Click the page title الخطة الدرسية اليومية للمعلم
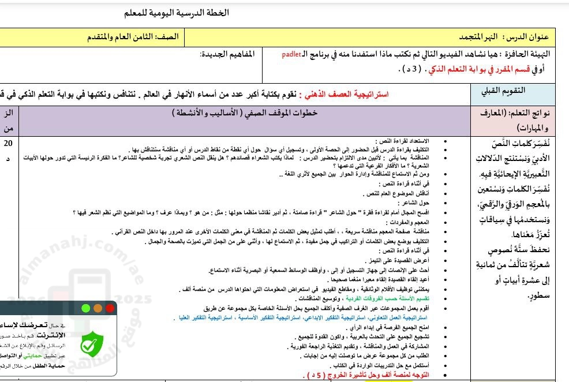[176, 13]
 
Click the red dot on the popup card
[110, 309]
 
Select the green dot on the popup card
[86, 309]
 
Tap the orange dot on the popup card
[98, 309]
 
